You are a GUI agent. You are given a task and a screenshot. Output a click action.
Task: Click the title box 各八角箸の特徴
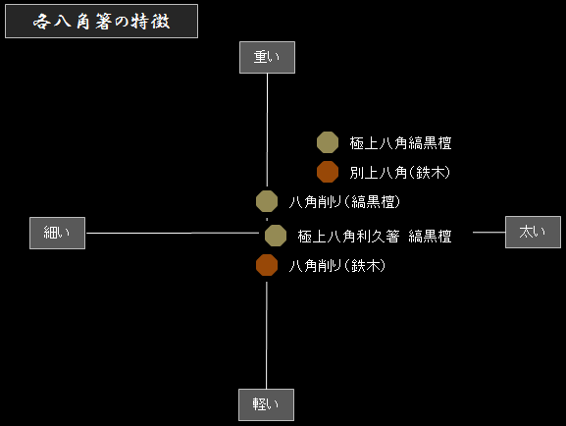101,21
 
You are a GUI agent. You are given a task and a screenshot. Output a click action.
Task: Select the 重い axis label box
267,58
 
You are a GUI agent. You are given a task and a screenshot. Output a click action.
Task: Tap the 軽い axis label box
267,404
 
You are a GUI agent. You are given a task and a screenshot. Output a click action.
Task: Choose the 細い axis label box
58,233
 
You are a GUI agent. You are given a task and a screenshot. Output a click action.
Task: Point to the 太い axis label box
534,233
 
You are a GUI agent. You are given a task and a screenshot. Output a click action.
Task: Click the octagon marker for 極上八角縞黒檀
328,142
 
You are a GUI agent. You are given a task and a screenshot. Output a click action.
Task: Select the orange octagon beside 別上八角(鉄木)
328,172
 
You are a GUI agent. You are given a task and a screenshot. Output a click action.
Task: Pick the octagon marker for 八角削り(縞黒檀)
267,201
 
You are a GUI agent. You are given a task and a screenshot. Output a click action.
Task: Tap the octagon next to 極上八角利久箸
276,236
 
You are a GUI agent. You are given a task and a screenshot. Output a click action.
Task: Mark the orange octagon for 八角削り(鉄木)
267,265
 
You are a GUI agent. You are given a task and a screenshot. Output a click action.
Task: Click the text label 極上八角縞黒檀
400,143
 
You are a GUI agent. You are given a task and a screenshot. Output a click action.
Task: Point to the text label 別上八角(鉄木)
400,173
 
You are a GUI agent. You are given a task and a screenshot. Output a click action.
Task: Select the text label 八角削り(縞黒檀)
344,201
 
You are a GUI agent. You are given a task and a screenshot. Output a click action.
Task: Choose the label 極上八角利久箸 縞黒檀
375,237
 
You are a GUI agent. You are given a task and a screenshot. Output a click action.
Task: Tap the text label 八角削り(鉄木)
337,266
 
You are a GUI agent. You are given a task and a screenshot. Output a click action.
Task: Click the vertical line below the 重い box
267,131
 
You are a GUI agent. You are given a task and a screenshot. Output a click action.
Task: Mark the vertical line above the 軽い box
267,336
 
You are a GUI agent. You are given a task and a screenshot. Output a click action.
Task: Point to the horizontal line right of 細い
173,233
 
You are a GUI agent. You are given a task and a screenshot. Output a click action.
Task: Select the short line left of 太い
489,233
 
